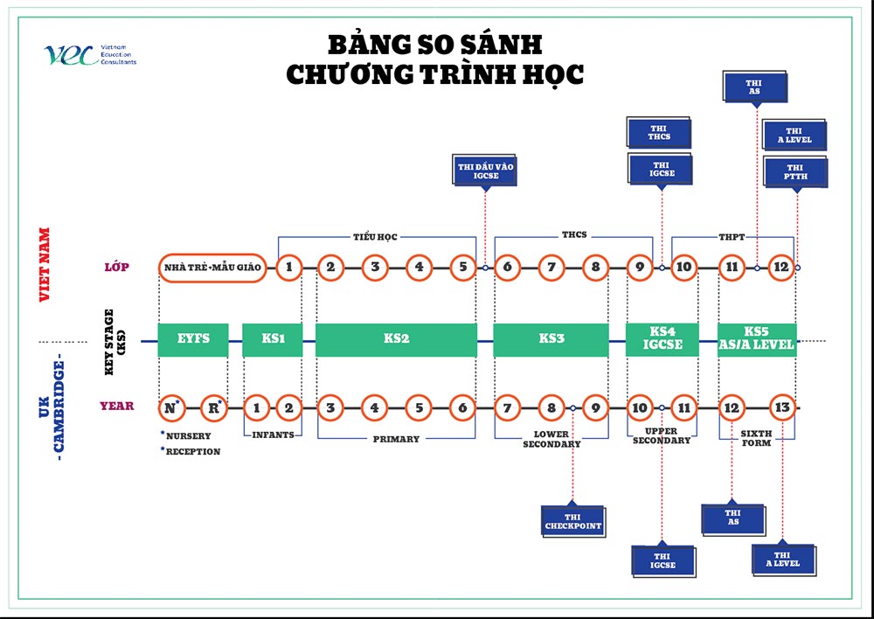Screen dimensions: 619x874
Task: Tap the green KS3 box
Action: pyautogui.click(x=550, y=339)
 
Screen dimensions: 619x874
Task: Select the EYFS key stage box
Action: pyautogui.click(x=193, y=339)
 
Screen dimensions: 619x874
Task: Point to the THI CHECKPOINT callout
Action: pyautogui.click(x=573, y=520)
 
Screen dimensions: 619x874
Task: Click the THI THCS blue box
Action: pyautogui.click(x=659, y=134)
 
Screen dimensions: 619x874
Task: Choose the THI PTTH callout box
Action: pyautogui.click(x=794, y=171)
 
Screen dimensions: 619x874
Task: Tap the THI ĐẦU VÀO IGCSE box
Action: pyautogui.click(x=485, y=170)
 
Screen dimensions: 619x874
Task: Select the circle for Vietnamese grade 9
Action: pyautogui.click(x=641, y=267)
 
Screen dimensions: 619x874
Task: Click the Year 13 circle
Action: pyautogui.click(x=782, y=407)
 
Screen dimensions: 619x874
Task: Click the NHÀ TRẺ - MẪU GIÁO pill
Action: pyautogui.click(x=213, y=267)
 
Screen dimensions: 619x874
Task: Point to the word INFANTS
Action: pyautogui.click(x=272, y=435)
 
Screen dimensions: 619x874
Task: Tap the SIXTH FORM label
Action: pyautogui.click(x=756, y=439)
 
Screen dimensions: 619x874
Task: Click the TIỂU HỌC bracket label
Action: pyautogui.click(x=375, y=236)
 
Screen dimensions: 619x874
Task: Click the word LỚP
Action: pyautogui.click(x=115, y=267)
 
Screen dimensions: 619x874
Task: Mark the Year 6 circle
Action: pyautogui.click(x=462, y=407)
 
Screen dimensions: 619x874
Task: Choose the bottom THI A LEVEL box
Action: pyautogui.click(x=782, y=560)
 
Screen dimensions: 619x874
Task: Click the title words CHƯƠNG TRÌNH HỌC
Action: pyautogui.click(x=434, y=75)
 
